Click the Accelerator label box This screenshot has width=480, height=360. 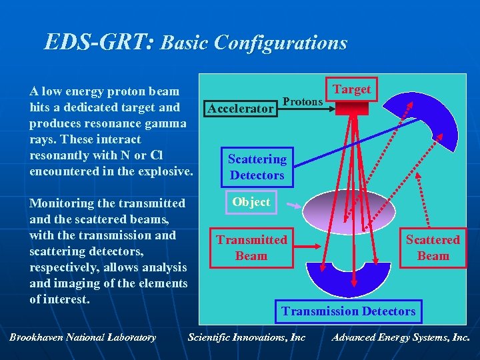click(x=241, y=108)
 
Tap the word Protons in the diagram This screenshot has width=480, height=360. click(x=303, y=101)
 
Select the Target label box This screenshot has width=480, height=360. click(x=351, y=89)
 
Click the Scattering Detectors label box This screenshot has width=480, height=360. click(x=257, y=167)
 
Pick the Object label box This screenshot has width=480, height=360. click(x=251, y=202)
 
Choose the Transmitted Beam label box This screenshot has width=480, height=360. click(x=251, y=247)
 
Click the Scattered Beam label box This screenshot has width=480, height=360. click(x=433, y=247)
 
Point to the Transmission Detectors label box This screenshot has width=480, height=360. click(x=348, y=311)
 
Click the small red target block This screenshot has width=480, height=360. click(x=347, y=109)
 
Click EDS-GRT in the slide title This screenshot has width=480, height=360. click(x=99, y=43)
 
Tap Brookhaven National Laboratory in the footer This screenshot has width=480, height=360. click(x=83, y=337)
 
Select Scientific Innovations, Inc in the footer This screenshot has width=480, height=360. click(x=247, y=337)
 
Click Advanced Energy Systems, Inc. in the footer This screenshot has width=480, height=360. click(x=400, y=337)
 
